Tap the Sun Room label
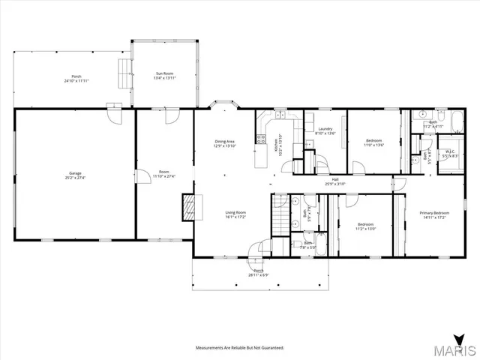164,73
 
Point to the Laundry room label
325,129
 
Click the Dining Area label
225,141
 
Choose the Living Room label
235,212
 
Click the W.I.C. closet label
450,151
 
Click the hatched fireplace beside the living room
189,206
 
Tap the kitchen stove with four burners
261,138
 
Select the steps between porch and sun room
123,71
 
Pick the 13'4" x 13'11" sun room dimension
164,78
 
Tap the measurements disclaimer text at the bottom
240,348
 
